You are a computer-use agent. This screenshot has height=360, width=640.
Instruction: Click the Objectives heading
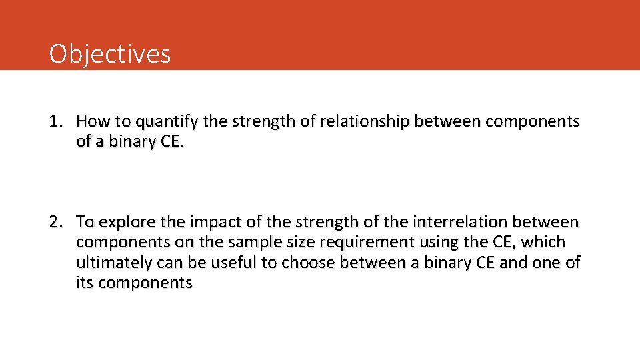[x=110, y=53]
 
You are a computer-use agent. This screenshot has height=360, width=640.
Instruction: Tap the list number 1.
[x=56, y=121]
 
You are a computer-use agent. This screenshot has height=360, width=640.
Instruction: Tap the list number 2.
[x=56, y=221]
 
